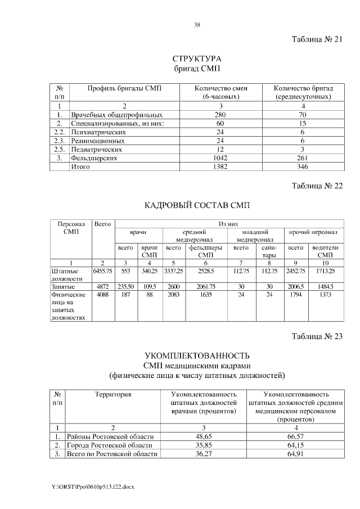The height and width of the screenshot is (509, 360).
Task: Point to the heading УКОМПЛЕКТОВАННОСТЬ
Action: [197, 356]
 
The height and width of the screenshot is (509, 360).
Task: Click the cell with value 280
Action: [220, 114]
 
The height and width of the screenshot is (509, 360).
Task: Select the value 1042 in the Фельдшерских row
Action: [220, 158]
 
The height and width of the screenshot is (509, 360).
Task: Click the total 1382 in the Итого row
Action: [220, 167]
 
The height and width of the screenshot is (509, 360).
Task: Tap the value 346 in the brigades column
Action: [303, 167]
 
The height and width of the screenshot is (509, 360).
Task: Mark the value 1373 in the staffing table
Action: [325, 294]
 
